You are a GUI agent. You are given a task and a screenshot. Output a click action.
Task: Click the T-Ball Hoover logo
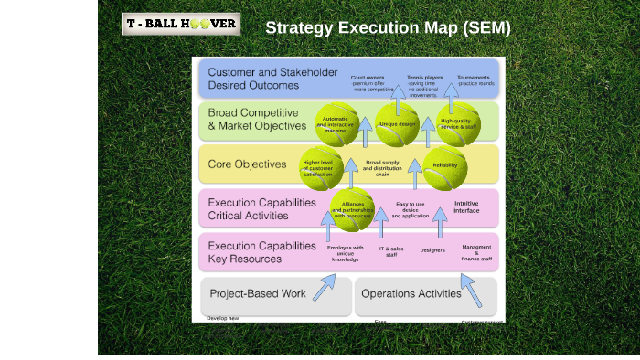coord(181,24)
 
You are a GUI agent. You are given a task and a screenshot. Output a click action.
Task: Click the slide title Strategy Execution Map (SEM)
coord(388,28)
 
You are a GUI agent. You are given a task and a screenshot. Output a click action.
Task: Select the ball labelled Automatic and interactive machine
coord(337,124)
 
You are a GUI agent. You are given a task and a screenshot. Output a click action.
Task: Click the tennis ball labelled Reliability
coord(445,166)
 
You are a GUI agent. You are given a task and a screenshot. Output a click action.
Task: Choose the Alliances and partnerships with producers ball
coord(353,209)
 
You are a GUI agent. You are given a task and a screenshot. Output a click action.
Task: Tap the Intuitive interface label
coord(466,207)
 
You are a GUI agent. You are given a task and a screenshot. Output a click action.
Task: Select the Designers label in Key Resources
coord(432,249)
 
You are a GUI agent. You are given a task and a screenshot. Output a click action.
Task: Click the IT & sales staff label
coord(391,251)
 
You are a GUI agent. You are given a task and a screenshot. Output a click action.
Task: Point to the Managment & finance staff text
coord(476,253)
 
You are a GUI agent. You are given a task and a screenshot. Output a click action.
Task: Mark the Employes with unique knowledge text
coord(346,253)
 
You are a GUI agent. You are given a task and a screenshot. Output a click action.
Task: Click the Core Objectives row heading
coord(248,165)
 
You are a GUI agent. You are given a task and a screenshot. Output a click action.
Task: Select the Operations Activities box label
coord(411,294)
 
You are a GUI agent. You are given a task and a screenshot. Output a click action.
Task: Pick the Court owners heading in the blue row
coord(368,78)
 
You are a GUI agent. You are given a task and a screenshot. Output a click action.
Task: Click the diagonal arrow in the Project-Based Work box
coord(323,289)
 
